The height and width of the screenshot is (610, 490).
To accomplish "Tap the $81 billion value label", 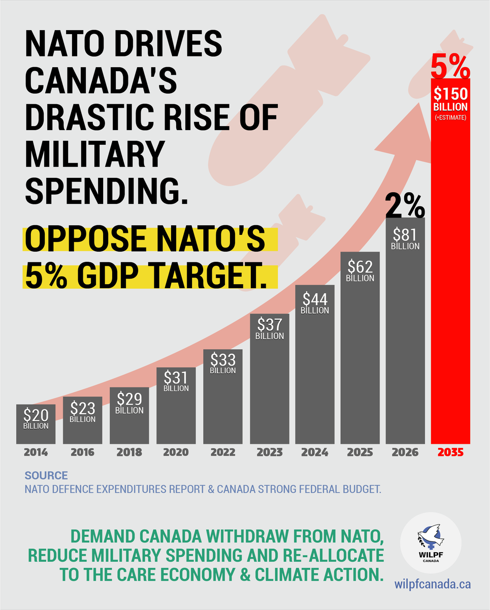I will point(405,238).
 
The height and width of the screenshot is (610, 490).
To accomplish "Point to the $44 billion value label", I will point(315,302).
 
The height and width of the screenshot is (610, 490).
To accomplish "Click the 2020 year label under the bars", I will point(176,452).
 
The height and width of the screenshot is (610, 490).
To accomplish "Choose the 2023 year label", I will point(269,452).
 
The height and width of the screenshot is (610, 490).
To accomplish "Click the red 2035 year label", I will point(450,452).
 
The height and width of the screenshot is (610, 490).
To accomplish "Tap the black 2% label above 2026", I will point(405,204).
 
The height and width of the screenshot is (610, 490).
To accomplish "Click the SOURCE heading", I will point(46,476).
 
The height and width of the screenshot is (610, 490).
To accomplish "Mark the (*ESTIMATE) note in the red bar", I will point(450,118).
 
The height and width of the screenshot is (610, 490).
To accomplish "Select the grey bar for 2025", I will point(360,356).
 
